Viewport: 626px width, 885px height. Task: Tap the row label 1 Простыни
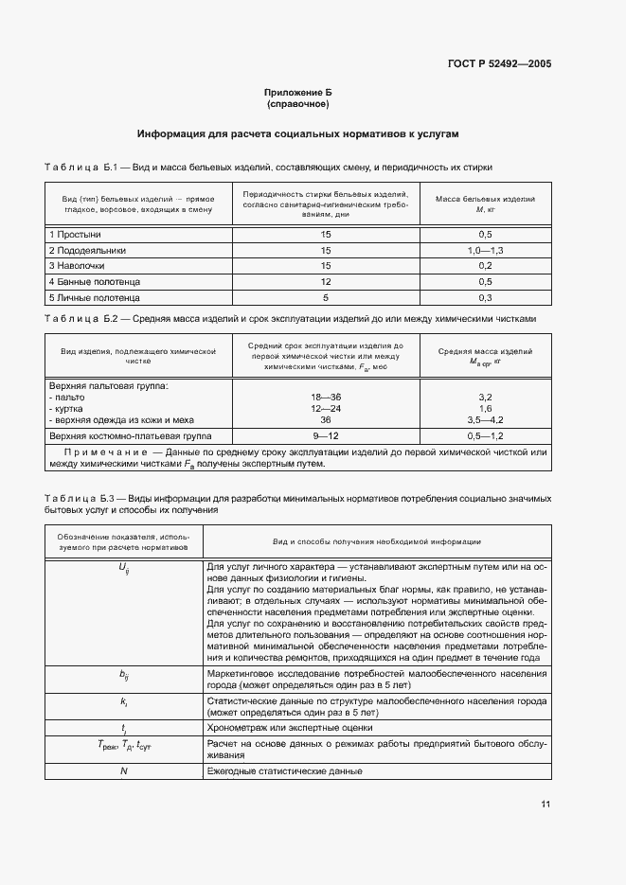pos(75,234)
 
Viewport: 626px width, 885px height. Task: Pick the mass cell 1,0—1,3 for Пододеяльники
pos(485,250)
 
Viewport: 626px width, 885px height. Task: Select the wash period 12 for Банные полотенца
pos(325,282)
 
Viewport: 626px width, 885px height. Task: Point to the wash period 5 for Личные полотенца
pos(325,297)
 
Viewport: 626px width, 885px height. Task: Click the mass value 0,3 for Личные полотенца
pos(485,297)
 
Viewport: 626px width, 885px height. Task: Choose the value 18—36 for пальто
pos(325,398)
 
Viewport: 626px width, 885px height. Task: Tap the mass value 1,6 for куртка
pos(485,408)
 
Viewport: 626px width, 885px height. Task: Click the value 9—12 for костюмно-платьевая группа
pos(325,435)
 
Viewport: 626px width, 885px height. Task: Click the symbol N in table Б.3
pos(123,771)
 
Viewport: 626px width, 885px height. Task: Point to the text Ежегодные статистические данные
pos(283,771)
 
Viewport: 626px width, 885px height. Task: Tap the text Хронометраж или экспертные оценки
pos(289,728)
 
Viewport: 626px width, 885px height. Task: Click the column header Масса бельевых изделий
pos(485,201)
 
